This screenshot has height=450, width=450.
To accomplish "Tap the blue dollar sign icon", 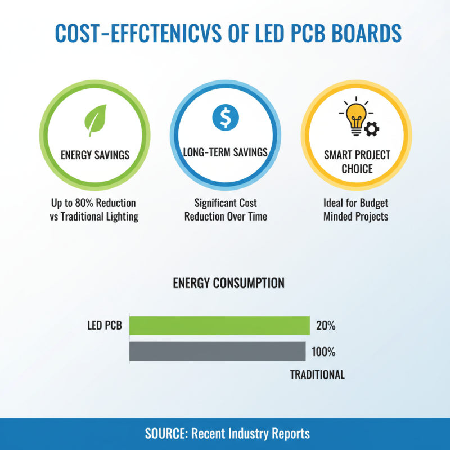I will click(225, 117).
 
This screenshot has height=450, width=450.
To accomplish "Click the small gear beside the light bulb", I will click(372, 129).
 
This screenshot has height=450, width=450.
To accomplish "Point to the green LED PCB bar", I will click(219, 326).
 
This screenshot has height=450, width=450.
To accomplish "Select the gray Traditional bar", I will click(217, 352).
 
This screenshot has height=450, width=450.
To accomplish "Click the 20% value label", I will click(326, 326).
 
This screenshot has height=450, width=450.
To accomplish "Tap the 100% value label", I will click(323, 352).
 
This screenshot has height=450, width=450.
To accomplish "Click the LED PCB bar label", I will click(105, 326).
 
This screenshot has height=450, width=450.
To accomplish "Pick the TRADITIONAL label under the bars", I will click(317, 375).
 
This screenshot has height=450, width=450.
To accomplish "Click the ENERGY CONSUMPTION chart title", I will click(228, 283).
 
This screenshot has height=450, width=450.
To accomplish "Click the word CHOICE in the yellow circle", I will click(356, 168).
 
